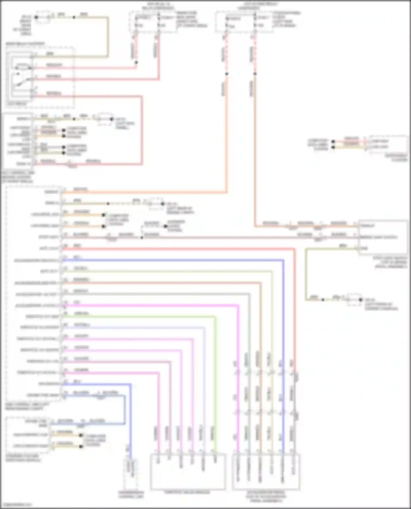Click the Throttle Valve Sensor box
[188, 472]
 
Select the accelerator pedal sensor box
[266, 472]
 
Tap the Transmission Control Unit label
[131, 494]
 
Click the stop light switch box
[383, 237]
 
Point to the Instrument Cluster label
[396, 158]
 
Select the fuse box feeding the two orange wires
[244, 22]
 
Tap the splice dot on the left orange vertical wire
[227, 74]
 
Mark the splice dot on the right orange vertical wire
[255, 74]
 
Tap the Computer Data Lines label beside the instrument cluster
[318, 145]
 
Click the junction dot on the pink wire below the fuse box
[136, 63]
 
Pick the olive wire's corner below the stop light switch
[306, 300]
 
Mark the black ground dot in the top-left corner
[36, 17]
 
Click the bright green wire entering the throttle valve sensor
[215, 438]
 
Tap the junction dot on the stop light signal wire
[142, 237]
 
